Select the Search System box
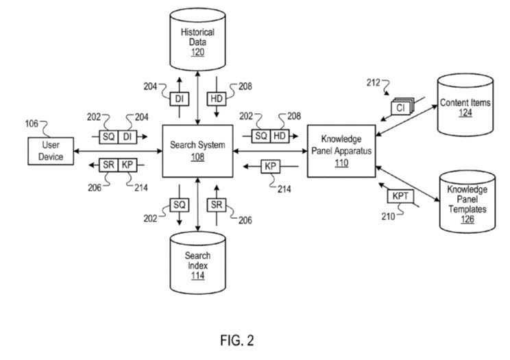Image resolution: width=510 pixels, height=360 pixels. click(x=197, y=151)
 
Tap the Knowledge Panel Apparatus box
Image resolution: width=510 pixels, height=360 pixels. click(x=340, y=151)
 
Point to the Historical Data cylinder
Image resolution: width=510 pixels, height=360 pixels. click(x=197, y=41)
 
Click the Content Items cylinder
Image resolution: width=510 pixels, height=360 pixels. click(x=466, y=106)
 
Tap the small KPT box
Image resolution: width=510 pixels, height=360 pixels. click(x=400, y=196)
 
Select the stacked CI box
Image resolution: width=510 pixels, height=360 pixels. click(x=400, y=107)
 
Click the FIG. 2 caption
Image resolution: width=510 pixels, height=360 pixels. click(x=237, y=339)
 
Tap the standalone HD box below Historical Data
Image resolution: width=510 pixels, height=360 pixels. click(x=217, y=99)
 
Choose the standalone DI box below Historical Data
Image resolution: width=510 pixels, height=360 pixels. click(x=178, y=99)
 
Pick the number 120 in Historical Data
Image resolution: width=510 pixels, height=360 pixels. click(x=197, y=52)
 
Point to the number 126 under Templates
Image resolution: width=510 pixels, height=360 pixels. click(x=467, y=219)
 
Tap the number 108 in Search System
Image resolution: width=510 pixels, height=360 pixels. click(x=197, y=156)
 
